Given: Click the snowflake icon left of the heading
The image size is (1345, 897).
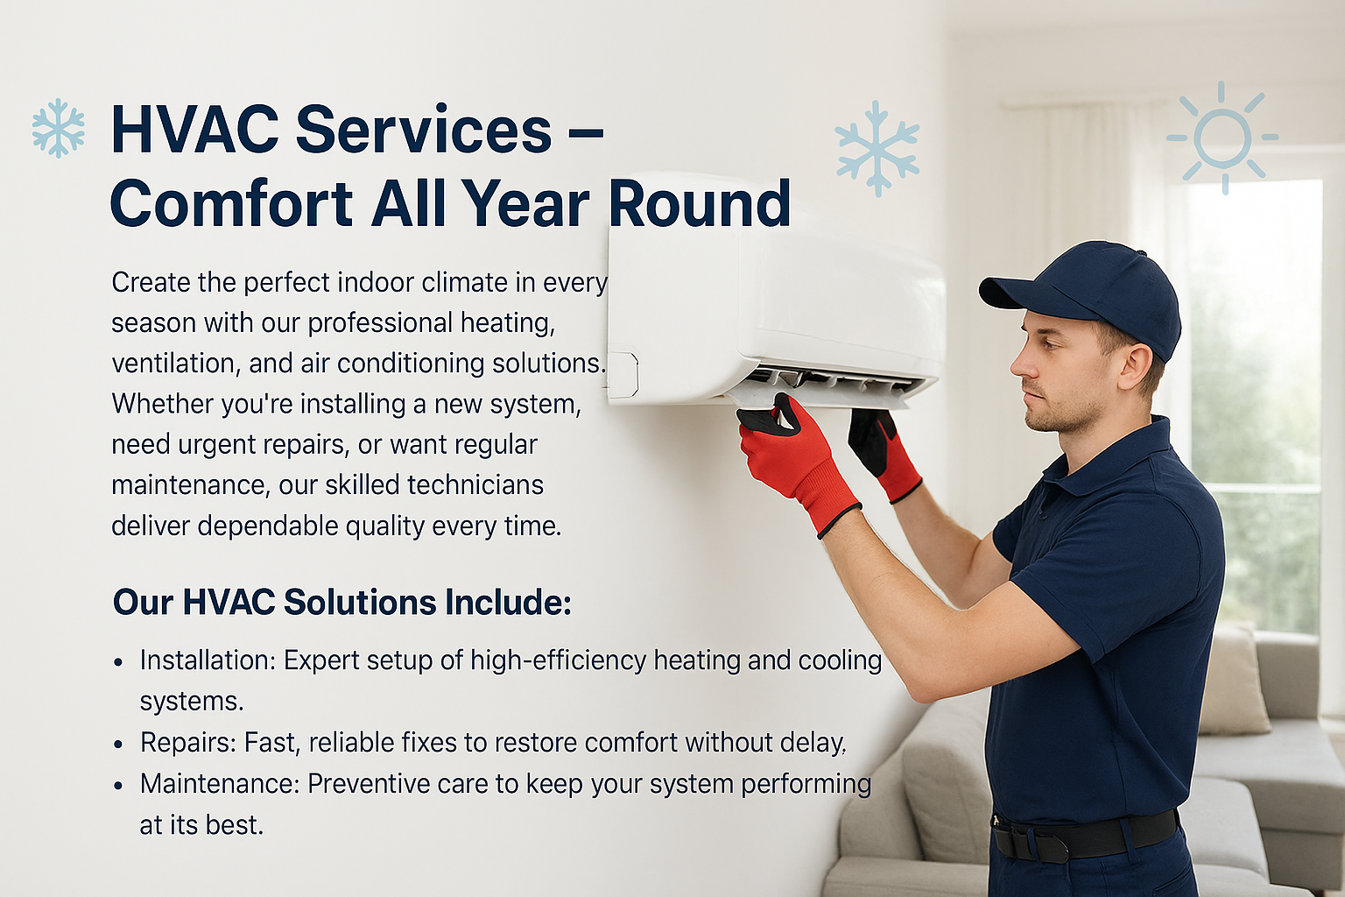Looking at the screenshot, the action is [59, 128].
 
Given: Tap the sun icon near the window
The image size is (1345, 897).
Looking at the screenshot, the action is [1222, 138].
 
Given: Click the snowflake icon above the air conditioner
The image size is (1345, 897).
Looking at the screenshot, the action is [877, 148].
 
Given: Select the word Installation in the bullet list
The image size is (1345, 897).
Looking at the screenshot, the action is [208, 660].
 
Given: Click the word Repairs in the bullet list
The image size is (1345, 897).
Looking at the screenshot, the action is [188, 743].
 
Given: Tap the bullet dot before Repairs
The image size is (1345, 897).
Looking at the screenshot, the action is [118, 745].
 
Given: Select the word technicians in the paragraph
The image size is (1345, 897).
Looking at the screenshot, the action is [475, 484].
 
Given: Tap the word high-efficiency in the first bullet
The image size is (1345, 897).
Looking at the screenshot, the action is [559, 660].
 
